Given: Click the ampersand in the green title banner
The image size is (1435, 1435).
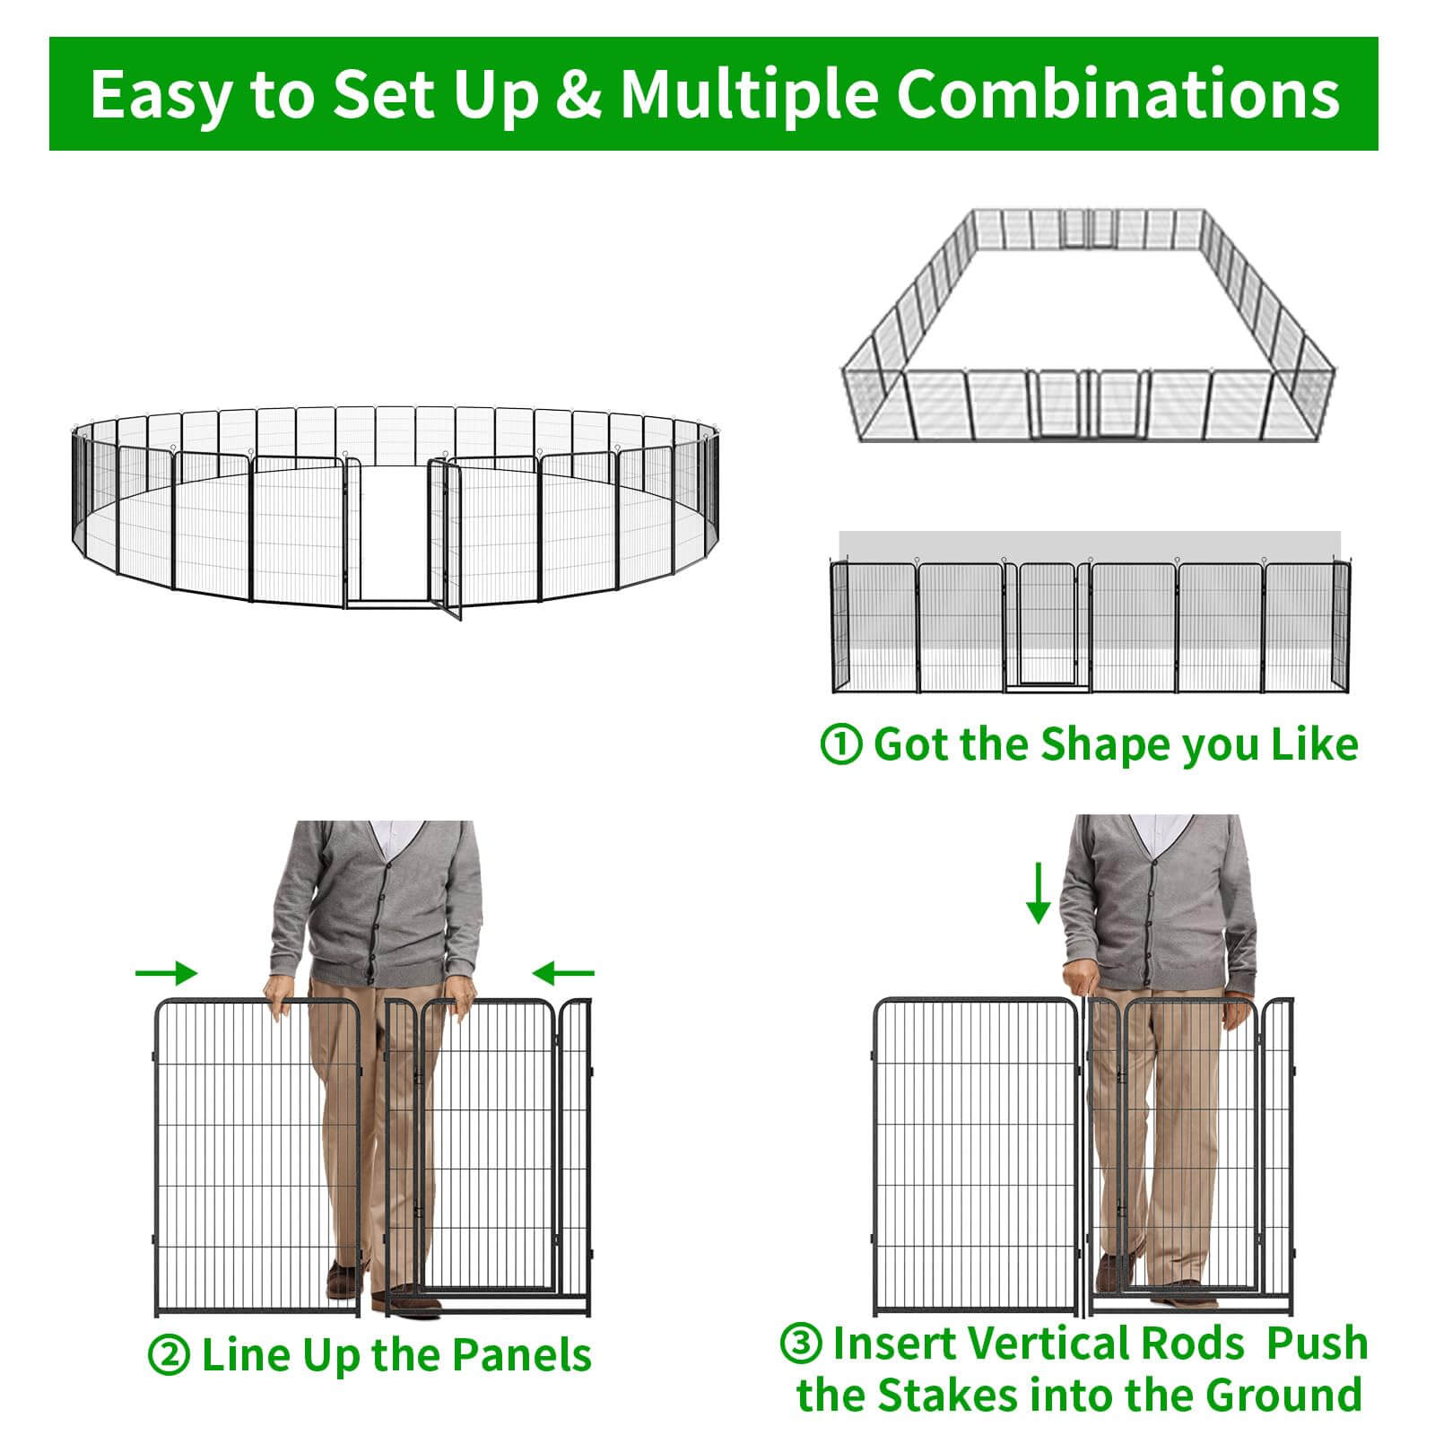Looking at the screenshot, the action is pos(578,94).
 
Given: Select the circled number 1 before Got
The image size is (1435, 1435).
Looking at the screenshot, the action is pos(841,744).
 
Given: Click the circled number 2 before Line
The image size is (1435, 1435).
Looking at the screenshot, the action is pos(169,1355).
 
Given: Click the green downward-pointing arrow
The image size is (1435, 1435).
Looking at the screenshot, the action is pos(1039,892).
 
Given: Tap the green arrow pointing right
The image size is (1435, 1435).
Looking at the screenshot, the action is pos(166,973).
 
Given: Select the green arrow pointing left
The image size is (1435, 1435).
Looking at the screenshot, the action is pos(563,973).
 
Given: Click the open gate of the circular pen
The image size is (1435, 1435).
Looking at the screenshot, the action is pos(446,538).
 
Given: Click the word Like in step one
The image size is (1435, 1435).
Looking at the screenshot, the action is pos(1318,744).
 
